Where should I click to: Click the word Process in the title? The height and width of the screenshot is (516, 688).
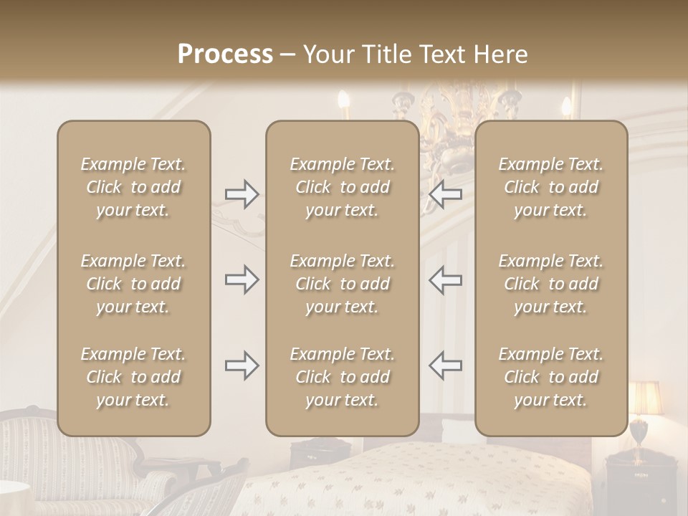point(225,54)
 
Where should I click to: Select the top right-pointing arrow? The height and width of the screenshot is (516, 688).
point(242,193)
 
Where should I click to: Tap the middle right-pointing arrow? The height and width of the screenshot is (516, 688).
point(242,279)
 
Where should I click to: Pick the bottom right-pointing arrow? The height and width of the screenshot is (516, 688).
point(242,365)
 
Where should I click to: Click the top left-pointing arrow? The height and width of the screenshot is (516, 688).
point(445,193)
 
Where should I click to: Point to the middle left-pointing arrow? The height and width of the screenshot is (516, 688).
point(445,279)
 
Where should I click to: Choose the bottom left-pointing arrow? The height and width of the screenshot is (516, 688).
point(445,365)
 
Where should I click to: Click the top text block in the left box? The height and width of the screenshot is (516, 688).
point(133,187)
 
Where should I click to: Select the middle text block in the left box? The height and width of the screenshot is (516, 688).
point(133,284)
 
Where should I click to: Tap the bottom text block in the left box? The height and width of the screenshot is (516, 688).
point(133,377)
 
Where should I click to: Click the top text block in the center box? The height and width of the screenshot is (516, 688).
point(342,187)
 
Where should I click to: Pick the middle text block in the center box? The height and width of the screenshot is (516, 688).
point(342,284)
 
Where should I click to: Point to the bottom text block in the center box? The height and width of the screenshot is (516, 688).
point(342,377)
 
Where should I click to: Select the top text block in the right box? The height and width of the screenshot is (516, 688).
point(550,187)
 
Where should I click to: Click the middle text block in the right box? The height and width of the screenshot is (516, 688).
point(550,284)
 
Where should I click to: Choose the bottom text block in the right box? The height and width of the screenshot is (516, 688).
point(550,377)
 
